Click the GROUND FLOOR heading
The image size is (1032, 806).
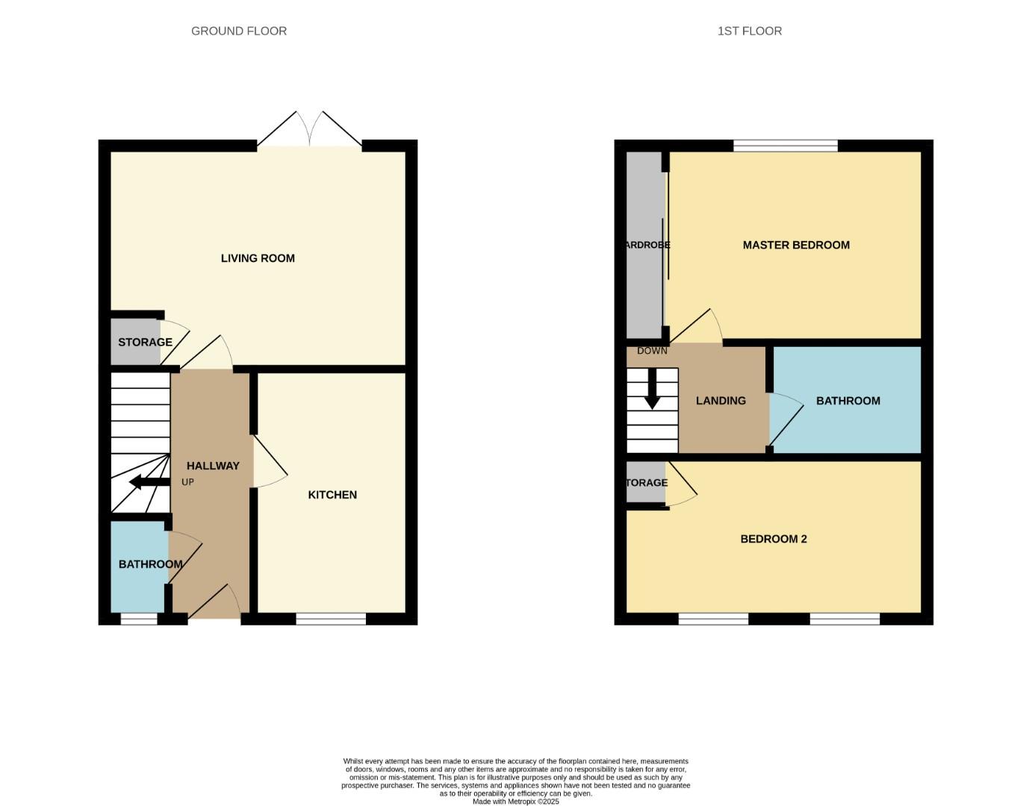(x=239, y=31)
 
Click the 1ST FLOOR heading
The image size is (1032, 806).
(x=749, y=31)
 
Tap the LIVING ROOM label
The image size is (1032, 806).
(x=258, y=258)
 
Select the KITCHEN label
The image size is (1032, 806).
(x=332, y=495)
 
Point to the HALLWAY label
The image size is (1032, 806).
(x=213, y=466)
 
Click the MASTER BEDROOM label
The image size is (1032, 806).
(x=796, y=245)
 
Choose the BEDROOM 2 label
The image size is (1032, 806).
(x=774, y=539)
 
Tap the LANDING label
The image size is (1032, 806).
(x=721, y=401)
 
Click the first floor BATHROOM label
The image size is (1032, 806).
(x=848, y=401)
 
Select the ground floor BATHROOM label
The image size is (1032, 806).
(x=150, y=564)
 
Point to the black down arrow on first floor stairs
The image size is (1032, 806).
(x=652, y=390)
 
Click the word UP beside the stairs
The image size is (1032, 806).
(x=187, y=482)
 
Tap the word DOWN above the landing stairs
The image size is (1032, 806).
(x=652, y=351)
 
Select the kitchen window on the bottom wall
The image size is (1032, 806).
(x=331, y=619)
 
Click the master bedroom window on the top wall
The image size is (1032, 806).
(x=785, y=146)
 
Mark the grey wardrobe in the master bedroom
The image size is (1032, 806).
(x=644, y=245)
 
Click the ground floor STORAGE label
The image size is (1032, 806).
(x=145, y=343)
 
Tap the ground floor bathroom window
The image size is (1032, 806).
(x=139, y=619)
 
